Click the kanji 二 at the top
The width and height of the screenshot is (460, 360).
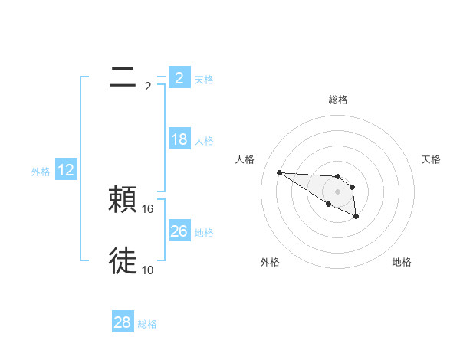tap(123, 76)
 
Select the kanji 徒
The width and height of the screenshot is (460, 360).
tap(123, 260)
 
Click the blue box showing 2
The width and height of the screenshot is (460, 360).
tap(179, 77)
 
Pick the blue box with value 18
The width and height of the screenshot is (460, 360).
tap(179, 139)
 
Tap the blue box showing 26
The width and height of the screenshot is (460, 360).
tap(179, 231)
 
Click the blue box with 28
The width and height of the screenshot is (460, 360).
tap(122, 322)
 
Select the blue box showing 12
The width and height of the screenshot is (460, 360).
tap(66, 170)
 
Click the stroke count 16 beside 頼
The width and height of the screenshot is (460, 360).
tap(149, 208)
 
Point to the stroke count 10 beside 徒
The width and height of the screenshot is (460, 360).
tap(148, 270)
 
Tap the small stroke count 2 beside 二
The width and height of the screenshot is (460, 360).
tap(148, 86)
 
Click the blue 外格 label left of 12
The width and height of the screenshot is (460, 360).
tap(41, 172)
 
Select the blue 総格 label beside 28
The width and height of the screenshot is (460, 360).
tap(147, 324)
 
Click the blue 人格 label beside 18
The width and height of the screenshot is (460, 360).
tap(204, 141)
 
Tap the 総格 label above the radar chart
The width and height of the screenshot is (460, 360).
tap(338, 100)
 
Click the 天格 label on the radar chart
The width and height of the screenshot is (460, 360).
tap(431, 159)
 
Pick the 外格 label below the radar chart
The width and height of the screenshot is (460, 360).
tap(270, 263)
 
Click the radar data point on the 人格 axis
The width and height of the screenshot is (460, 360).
tap(279, 172)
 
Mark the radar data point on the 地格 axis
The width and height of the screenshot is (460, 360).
tap(356, 217)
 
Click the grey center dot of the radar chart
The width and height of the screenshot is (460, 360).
tap(338, 191)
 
